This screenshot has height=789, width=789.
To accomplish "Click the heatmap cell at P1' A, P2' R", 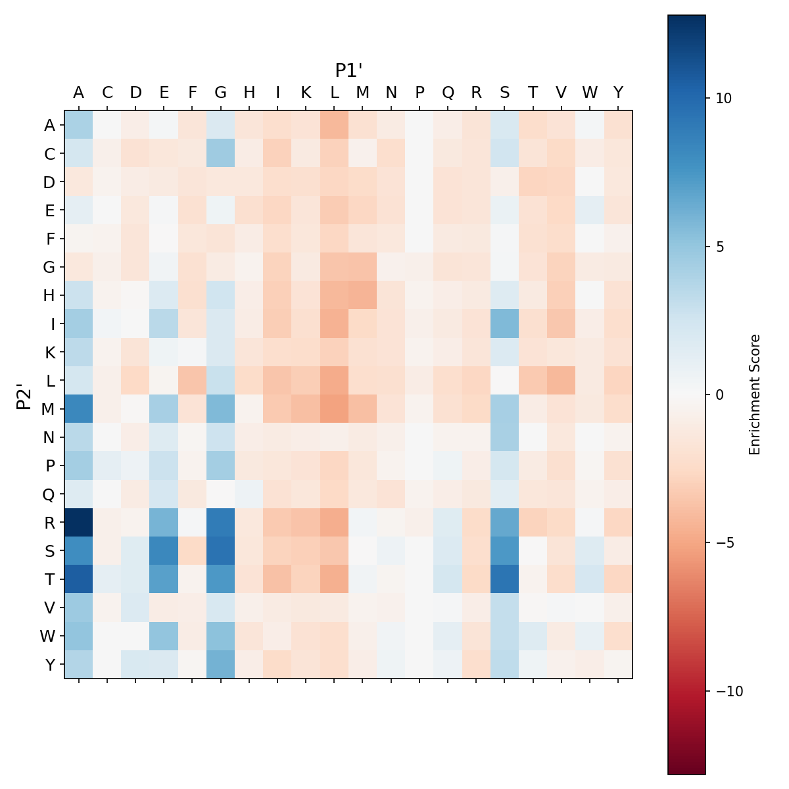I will (79, 522).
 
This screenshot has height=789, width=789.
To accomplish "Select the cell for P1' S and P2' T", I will (504, 579).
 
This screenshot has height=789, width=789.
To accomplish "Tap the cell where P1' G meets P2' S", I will (221, 550).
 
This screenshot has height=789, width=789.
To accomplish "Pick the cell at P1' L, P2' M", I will (335, 408).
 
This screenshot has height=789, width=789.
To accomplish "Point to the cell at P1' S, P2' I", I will (504, 323).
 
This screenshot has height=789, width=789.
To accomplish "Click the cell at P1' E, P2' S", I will (164, 550).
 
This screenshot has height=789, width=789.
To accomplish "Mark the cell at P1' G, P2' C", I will (221, 153).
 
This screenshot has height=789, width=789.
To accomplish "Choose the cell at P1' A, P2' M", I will (79, 408).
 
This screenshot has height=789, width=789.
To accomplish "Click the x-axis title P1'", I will (349, 70).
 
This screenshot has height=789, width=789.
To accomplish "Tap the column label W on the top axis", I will (589, 93).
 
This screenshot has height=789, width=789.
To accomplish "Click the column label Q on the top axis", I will (448, 93).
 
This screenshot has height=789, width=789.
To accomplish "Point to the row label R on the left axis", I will (49, 522).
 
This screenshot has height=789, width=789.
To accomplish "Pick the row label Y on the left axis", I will (49, 664).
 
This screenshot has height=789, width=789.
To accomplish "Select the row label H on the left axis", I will (49, 295).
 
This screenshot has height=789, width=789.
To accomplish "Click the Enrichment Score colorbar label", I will (755, 394).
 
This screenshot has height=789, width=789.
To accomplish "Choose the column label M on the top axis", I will (363, 93).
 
